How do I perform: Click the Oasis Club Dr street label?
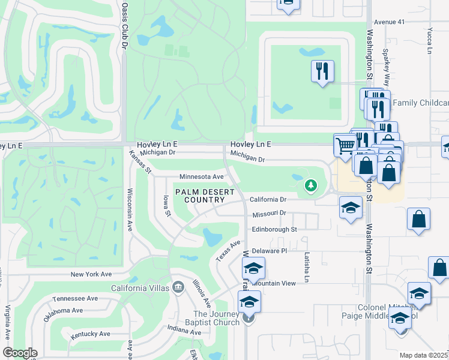tap(125, 25)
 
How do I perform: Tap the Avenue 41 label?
tap(390, 21)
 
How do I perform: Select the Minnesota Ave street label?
tap(201, 177)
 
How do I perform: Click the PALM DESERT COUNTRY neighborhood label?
tap(201, 195)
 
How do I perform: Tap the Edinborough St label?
tap(274, 229)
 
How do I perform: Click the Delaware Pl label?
tap(270, 250)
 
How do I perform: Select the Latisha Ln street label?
tap(306, 267)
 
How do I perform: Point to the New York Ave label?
tap(91, 274)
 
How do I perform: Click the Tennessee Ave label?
tap(75, 298)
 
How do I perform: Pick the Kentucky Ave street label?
tap(90, 334)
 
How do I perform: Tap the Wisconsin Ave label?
tap(129, 210)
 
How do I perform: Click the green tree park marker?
tap(310, 185)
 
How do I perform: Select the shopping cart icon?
tap(345, 144)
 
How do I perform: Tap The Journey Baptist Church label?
tap(217, 319)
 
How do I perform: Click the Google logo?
tap(20, 352)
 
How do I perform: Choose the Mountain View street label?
tap(275, 283)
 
